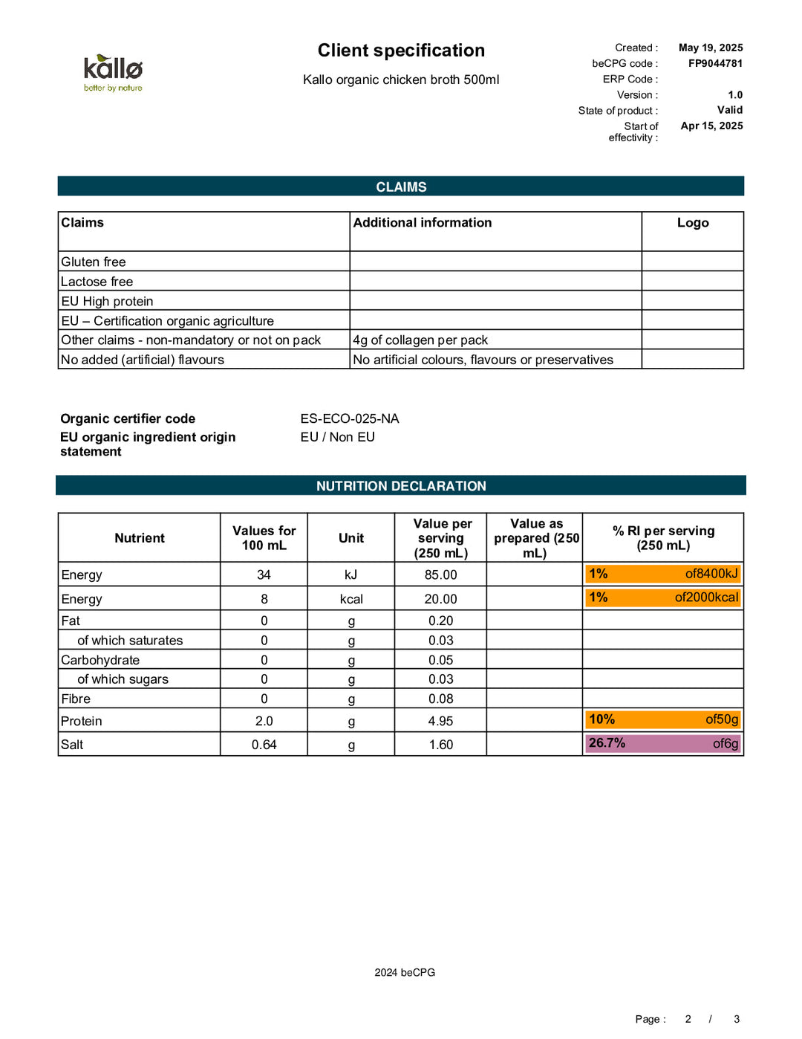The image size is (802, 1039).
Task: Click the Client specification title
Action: point(401,51)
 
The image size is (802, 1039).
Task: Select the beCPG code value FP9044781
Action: point(714,63)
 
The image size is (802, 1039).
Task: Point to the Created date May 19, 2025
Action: point(710,48)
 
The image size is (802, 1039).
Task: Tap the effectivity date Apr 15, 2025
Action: point(711,126)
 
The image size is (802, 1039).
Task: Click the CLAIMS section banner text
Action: point(401,187)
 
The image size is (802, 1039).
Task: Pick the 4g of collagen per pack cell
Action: point(420,340)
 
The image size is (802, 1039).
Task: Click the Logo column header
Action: point(692,223)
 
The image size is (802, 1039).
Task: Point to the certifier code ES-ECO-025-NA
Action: point(350,418)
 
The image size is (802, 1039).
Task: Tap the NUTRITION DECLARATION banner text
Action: point(401,486)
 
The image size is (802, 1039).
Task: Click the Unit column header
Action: point(351,538)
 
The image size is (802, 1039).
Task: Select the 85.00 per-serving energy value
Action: point(440,574)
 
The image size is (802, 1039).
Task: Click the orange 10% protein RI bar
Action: point(663,719)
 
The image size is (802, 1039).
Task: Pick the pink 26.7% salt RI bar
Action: point(663,743)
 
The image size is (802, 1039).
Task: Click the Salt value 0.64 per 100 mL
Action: point(264,745)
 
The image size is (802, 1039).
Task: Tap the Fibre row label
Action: point(76,699)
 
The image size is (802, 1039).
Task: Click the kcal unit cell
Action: point(351,599)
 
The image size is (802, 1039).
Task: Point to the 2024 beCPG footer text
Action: point(405,972)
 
